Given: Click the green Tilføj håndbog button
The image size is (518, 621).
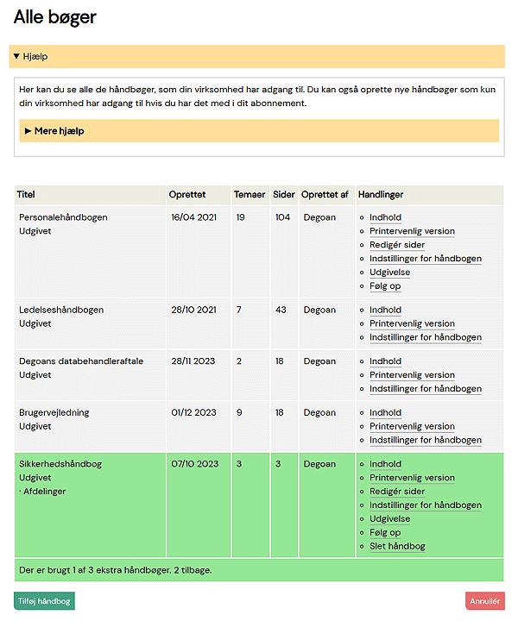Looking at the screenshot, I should tap(44, 601).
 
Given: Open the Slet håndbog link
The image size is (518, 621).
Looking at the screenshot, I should tap(397, 546).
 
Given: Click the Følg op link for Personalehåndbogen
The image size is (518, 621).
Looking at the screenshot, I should tap(385, 285).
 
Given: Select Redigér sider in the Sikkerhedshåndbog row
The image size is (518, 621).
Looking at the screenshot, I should tap(397, 492).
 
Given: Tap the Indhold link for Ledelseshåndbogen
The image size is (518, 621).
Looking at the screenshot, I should tap(385, 310).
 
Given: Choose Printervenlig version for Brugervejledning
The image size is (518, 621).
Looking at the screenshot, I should tap(412, 426).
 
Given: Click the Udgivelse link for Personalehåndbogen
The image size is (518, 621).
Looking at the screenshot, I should tap(389, 272).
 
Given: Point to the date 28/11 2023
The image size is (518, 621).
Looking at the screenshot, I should tap(193, 361).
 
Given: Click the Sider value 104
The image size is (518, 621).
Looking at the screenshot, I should tap(282, 217).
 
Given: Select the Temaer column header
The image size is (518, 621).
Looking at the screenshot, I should tap(250, 195).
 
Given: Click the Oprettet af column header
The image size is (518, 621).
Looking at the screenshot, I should tap(325, 195).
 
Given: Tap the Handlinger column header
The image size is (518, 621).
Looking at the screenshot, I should tap(381, 195).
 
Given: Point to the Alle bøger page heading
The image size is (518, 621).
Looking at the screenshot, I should tap(55, 17).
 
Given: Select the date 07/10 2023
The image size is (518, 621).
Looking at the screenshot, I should tap(194, 464).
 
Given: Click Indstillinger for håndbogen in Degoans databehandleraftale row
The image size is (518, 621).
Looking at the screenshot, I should tap(426, 389).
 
